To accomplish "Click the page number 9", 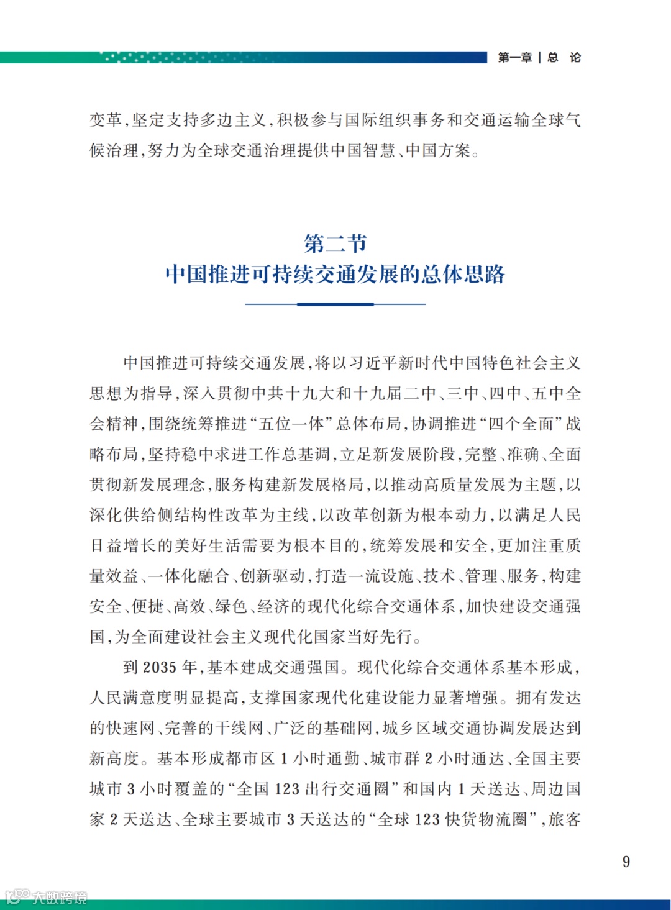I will (626, 862).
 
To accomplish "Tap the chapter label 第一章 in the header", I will (514, 58).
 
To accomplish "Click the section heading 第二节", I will (335, 243).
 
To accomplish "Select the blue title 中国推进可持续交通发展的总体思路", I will (335, 274).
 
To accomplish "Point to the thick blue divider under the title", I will (335, 304).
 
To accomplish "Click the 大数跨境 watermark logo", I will (46, 897).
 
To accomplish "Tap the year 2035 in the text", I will (160, 668).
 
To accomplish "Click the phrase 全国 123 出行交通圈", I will (313, 789).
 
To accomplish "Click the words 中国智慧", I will (363, 150).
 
